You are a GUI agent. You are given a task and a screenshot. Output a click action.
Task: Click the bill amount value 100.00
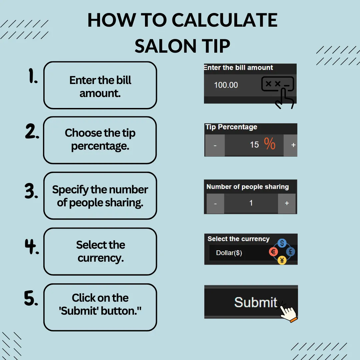tap(226, 85)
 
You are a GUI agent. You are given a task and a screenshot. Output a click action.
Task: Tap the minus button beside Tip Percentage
tap(215, 145)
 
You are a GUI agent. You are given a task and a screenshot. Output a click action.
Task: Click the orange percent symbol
tap(270, 143)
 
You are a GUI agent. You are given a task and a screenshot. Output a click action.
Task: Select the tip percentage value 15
tap(254, 145)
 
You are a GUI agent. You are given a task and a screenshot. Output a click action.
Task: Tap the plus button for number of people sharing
tap(287, 203)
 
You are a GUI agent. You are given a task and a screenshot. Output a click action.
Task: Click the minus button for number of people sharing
tap(215, 203)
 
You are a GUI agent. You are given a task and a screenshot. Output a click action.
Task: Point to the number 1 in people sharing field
tap(251, 203)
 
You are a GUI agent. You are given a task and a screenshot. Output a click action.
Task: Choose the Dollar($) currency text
tap(229, 253)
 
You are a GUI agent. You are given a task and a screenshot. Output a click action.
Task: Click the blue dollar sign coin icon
tap(282, 243)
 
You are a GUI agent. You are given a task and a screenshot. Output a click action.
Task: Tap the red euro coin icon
tap(273, 252)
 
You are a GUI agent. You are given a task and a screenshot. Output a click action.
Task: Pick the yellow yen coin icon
tap(282, 260)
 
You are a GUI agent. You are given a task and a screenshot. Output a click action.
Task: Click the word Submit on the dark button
tap(256, 302)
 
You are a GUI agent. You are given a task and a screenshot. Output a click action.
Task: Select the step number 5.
tap(31, 298)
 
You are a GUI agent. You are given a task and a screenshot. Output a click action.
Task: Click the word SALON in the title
tap(165, 46)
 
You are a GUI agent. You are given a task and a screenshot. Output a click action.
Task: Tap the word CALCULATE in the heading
tap(225, 20)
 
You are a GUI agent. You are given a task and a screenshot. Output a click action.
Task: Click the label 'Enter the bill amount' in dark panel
tap(238, 67)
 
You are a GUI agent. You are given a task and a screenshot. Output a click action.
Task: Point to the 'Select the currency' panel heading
tap(238, 239)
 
